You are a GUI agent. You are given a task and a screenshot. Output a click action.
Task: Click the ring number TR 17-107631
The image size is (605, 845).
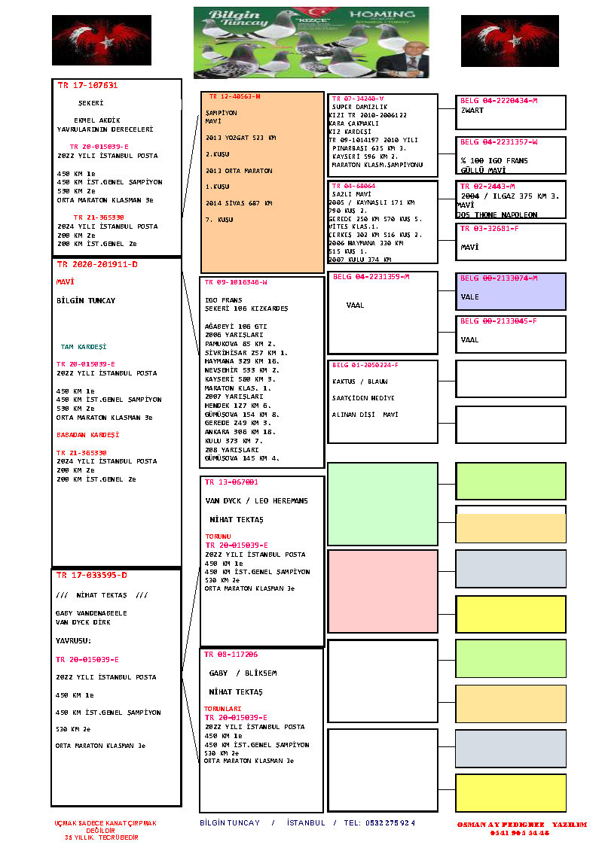click(87, 86)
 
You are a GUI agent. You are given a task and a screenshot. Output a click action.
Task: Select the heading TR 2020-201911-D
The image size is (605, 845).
click(96, 265)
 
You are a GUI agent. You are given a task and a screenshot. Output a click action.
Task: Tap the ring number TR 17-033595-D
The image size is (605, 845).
click(91, 576)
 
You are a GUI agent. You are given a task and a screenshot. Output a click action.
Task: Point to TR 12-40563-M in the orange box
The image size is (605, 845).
click(234, 97)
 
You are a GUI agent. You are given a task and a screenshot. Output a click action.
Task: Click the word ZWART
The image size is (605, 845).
click(472, 111)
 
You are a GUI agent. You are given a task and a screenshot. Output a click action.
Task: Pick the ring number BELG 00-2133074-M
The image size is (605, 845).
click(498, 278)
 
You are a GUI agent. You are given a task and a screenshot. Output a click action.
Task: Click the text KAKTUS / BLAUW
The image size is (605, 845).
click(359, 381)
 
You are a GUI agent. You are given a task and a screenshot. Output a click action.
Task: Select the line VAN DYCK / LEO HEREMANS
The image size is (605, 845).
click(256, 500)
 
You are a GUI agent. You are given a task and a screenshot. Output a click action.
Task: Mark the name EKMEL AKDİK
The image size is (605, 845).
click(96, 120)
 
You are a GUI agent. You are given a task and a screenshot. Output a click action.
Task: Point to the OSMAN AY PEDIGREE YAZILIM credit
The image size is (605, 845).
click(521, 825)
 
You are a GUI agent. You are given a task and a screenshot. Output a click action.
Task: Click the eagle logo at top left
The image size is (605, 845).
click(101, 40)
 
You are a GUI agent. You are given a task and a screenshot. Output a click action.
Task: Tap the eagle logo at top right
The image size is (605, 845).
click(510, 41)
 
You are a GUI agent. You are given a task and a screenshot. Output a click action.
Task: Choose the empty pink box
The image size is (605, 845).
click(382, 591)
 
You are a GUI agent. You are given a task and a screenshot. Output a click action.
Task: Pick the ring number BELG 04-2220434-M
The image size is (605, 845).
click(498, 100)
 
